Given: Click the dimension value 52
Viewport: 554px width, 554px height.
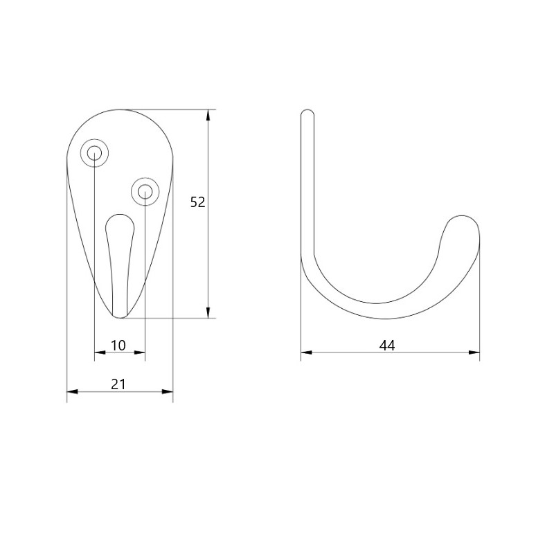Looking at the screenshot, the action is [x=197, y=202].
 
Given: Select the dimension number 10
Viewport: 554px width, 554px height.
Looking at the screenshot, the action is [x=118, y=345].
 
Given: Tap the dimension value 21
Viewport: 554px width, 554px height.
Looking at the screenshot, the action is [x=118, y=384].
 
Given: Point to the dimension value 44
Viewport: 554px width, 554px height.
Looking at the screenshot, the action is [x=387, y=345].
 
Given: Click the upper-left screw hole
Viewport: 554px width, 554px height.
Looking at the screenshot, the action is [x=94, y=153].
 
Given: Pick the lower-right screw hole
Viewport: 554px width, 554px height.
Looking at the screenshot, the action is [x=145, y=193].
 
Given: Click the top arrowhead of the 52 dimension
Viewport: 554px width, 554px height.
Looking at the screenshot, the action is [x=208, y=115].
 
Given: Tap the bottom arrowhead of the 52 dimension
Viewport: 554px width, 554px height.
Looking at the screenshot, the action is [x=208, y=313].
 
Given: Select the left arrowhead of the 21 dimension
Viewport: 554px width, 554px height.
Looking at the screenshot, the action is [x=73, y=391].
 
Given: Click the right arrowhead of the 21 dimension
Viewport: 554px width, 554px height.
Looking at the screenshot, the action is [x=168, y=391].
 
